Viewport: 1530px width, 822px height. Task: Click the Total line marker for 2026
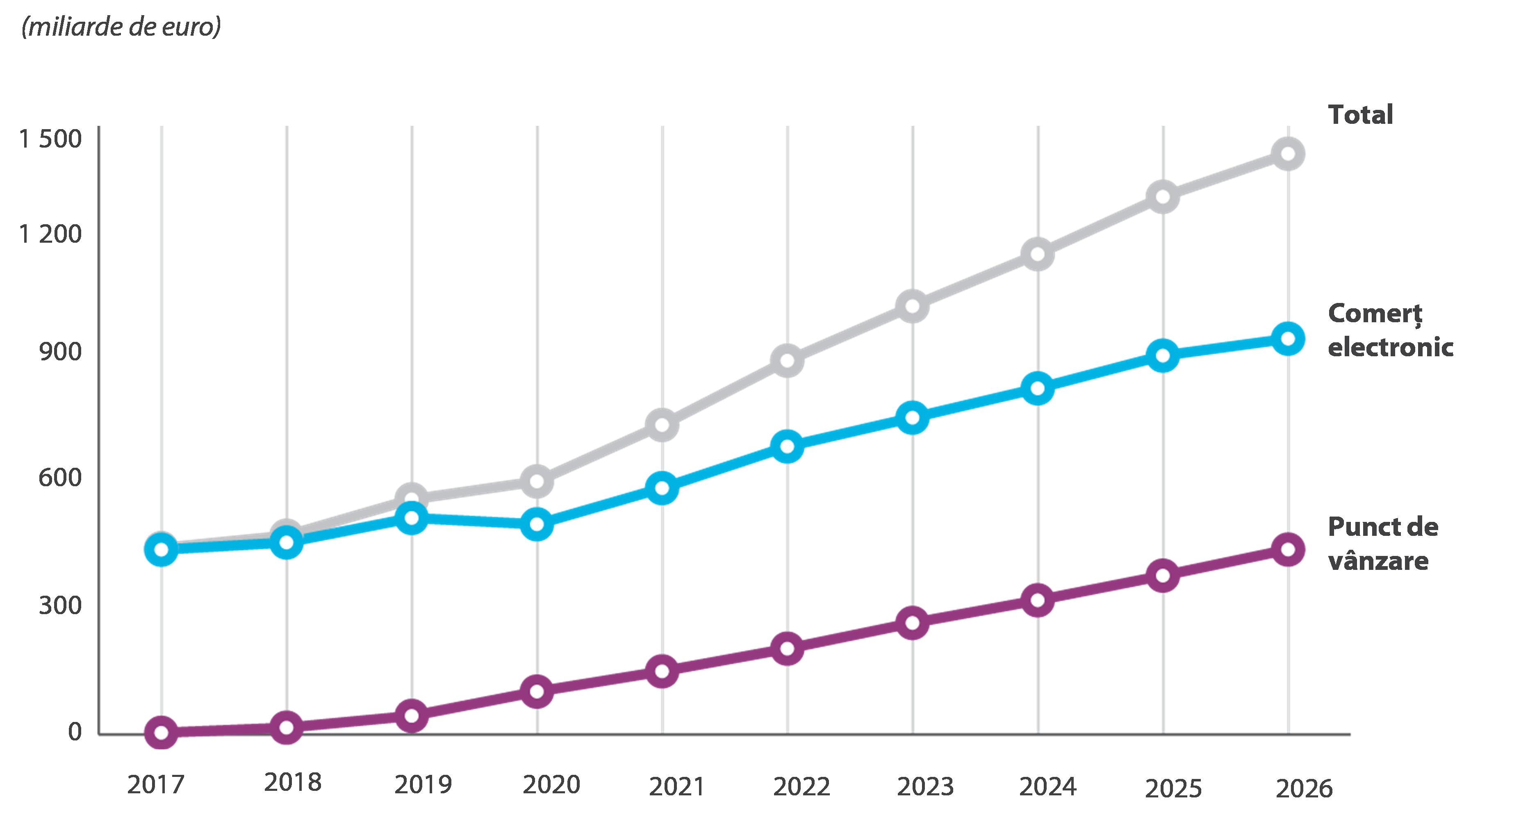[1288, 154]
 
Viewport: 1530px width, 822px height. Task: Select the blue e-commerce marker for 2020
[537, 524]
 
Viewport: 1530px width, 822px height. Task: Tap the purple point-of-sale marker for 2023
[912, 622]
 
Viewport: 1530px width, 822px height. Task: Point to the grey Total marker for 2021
[662, 425]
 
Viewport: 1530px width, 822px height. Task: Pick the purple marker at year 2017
[161, 732]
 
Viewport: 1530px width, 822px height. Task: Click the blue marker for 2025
[1163, 356]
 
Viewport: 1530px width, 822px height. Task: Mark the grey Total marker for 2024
[1038, 254]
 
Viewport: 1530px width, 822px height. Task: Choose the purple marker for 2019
[411, 715]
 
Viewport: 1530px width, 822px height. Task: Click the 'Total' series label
[1360, 115]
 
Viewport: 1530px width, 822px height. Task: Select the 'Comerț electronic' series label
[1390, 330]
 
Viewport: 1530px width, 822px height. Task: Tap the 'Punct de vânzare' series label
[1383, 544]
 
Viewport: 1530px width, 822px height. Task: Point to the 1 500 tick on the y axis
[50, 139]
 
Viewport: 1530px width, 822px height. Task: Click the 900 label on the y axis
[60, 352]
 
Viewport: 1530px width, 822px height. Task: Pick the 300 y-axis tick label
[60, 605]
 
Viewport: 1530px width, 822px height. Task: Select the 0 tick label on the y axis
[74, 732]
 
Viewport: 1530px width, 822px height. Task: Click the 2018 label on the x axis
[292, 783]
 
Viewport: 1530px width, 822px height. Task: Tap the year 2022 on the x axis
[801, 786]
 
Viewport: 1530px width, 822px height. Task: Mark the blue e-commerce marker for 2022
[787, 446]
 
